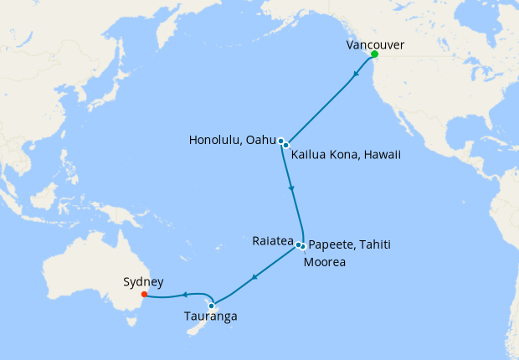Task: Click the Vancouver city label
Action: pos(375,45)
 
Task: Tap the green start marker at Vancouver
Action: pos(374,54)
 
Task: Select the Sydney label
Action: pos(143,282)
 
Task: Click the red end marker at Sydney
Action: pos(144,294)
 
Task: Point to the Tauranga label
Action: pos(211,316)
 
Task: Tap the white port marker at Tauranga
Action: pos(212,306)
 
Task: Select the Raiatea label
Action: pos(272,240)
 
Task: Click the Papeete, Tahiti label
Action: pos(350,244)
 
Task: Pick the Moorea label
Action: pos(325,262)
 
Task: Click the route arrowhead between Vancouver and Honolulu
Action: pos(357,73)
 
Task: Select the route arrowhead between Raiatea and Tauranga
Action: pos(255,275)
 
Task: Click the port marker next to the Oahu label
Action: pos(281,141)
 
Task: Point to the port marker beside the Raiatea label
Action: pos(298,244)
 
